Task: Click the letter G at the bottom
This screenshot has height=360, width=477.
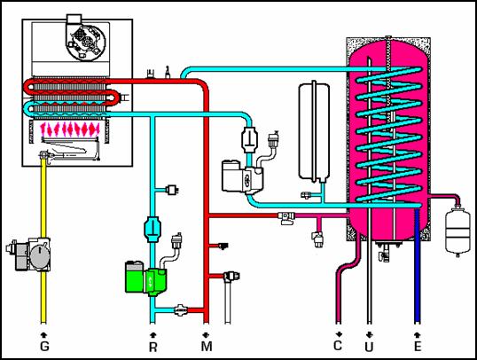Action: click(44, 346)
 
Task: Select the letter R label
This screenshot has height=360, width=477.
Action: click(153, 347)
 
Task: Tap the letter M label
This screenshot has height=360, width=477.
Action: click(207, 346)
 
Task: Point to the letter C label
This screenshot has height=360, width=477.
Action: click(338, 346)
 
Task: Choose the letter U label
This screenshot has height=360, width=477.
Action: click(369, 347)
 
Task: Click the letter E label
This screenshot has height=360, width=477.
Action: click(418, 347)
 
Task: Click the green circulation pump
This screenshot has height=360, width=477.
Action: click(145, 278)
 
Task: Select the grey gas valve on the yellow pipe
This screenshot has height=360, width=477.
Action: click(28, 254)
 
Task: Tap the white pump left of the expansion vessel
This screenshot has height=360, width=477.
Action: click(242, 176)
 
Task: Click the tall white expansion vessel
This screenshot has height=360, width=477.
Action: click(314, 132)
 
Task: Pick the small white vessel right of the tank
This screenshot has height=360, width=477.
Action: click(457, 230)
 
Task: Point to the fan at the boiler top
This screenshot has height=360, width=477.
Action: click(86, 40)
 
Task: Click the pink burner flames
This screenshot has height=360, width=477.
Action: click(70, 129)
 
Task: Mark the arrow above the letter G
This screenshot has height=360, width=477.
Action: click(44, 335)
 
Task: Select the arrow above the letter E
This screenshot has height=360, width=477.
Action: click(418, 335)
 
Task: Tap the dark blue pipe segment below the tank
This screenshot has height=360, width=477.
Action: click(418, 265)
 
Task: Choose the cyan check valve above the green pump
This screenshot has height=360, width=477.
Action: click(152, 229)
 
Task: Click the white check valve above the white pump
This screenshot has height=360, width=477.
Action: click(250, 140)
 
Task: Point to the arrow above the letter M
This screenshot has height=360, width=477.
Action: click(207, 335)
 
